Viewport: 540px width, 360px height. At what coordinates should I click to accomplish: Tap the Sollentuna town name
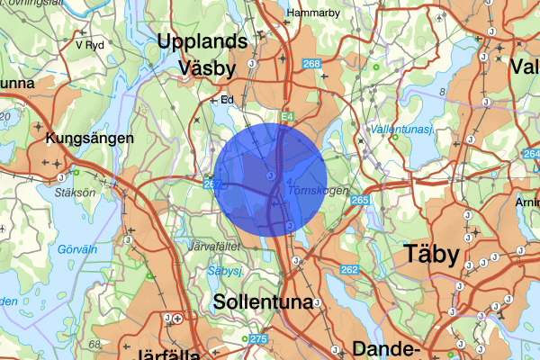(x=264, y=302)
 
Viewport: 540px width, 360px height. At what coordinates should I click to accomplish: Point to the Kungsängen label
(x=90, y=139)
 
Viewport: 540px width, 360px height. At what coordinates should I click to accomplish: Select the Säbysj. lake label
(x=227, y=268)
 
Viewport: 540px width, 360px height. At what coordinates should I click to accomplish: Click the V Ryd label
(x=91, y=42)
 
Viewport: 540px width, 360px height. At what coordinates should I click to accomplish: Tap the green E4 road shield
(x=287, y=117)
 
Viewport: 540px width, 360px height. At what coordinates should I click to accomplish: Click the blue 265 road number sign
(x=360, y=200)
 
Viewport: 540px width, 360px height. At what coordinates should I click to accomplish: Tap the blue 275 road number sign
(x=259, y=338)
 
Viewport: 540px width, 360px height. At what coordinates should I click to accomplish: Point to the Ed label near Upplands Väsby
(x=227, y=100)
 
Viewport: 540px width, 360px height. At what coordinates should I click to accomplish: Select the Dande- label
(x=387, y=349)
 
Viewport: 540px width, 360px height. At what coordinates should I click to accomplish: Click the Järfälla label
(x=166, y=354)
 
